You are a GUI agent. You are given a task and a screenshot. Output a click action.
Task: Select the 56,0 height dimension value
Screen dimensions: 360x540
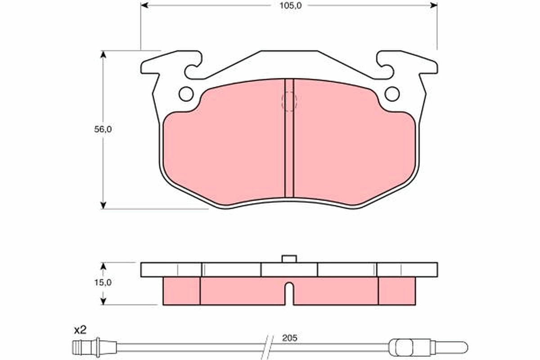click(x=103, y=129)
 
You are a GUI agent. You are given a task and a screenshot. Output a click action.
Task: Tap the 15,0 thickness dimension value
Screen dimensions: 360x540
click(x=103, y=283)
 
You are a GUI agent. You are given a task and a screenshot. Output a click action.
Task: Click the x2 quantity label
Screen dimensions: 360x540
click(x=80, y=330)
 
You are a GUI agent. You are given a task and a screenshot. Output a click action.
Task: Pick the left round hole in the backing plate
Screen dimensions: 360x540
click(x=186, y=94)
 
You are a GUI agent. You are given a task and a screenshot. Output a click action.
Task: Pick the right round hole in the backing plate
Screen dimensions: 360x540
click(x=392, y=94)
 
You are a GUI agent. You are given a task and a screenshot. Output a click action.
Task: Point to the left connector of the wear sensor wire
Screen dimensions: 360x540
click(x=85, y=346)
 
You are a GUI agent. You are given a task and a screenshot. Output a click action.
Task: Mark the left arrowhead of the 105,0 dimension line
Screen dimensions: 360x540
click(x=144, y=5)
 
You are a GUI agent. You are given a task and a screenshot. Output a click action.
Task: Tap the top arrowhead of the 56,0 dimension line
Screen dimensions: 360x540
click(x=103, y=54)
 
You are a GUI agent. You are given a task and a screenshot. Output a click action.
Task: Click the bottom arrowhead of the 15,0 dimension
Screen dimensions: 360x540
click(x=103, y=301)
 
